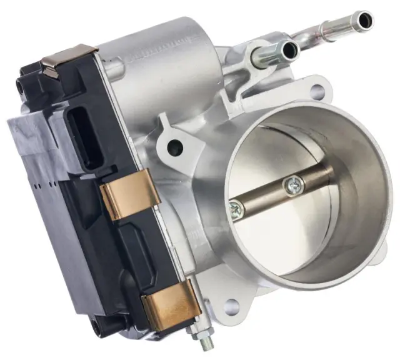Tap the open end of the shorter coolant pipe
pyautogui.click(x=289, y=49)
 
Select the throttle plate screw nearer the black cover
pyautogui.click(x=236, y=211)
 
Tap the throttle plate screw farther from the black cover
pyautogui.click(x=293, y=184)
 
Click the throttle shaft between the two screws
pyautogui.click(x=266, y=197)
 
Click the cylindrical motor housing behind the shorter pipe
pyautogui.click(x=181, y=69)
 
